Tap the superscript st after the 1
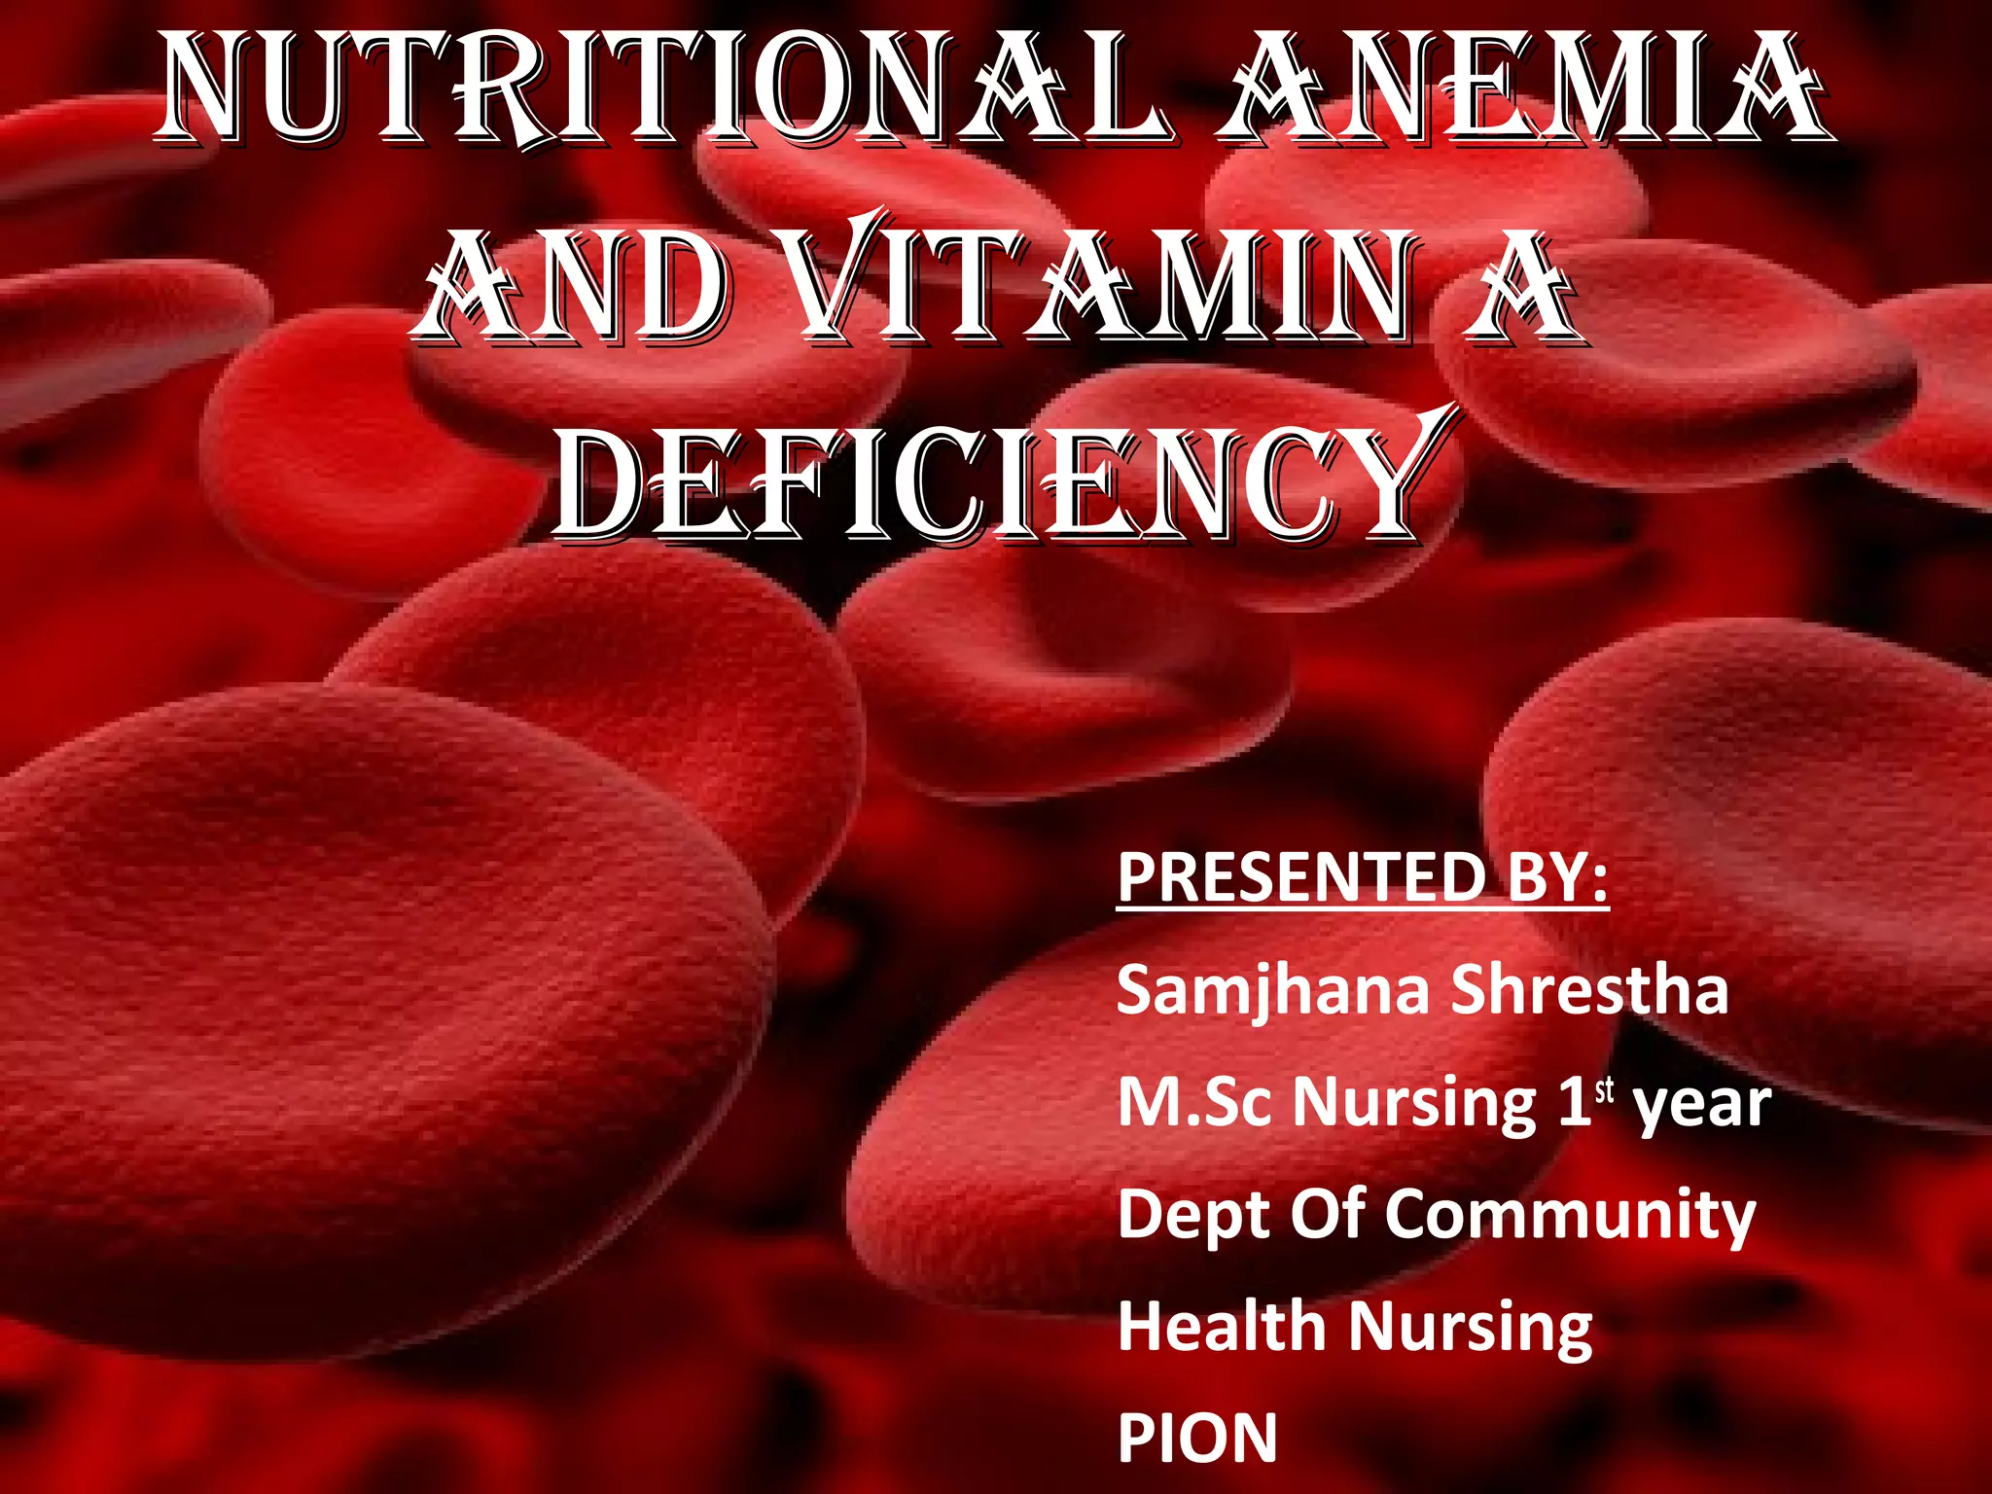[1604, 1091]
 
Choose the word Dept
[1191, 1216]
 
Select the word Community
[1570, 1216]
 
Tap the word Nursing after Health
[1470, 1329]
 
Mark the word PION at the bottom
[1197, 1439]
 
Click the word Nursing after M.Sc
[1414, 1105]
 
